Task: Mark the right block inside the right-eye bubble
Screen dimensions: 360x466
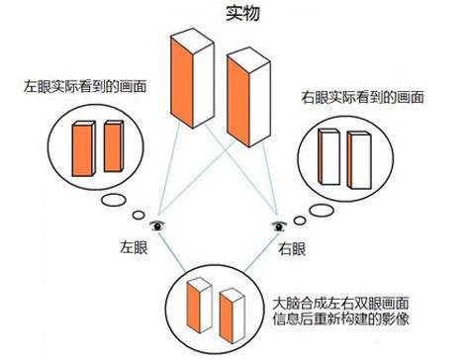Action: point(358,161)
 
